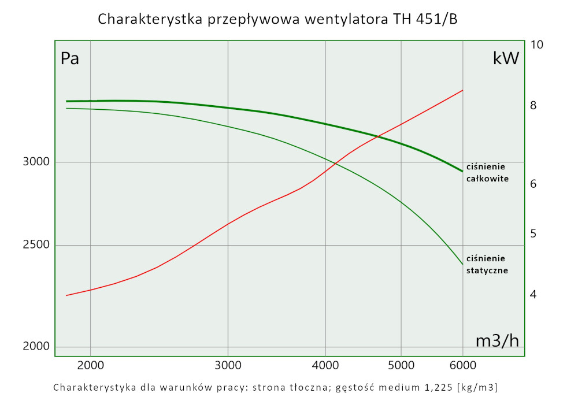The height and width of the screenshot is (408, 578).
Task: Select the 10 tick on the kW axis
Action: (x=536, y=44)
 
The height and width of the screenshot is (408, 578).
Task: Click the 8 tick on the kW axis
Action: (x=533, y=106)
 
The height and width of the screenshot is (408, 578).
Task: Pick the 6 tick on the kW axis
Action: (x=533, y=184)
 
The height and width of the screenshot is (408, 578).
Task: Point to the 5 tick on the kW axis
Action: (x=533, y=233)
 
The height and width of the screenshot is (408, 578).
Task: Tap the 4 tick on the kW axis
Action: (x=533, y=295)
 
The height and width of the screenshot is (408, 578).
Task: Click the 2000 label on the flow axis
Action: (x=90, y=365)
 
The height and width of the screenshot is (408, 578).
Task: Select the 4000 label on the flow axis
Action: (x=326, y=365)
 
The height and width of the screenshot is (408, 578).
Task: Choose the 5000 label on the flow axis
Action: (x=401, y=365)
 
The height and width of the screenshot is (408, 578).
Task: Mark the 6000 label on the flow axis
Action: (x=462, y=365)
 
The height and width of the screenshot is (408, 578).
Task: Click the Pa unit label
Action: (x=70, y=59)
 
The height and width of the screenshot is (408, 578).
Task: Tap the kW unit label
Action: (x=506, y=58)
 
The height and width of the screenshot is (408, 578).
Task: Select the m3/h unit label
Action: (x=497, y=341)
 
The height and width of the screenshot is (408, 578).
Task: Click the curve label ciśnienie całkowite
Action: (x=487, y=173)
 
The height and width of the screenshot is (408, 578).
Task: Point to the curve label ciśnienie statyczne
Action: (x=487, y=264)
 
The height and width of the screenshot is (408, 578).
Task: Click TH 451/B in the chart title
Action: (x=427, y=19)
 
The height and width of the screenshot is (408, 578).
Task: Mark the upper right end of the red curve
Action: (x=463, y=90)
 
